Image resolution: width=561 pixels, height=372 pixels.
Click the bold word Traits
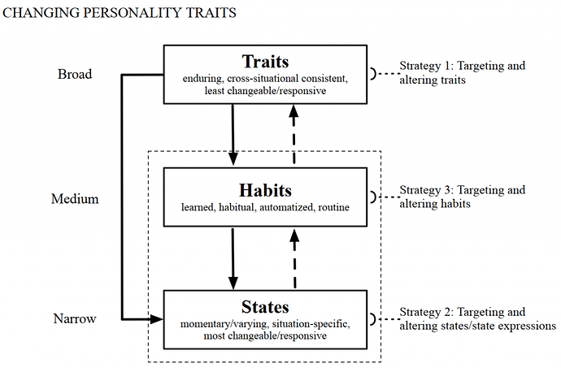coord(265,62)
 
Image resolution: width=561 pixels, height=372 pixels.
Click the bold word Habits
coord(265,190)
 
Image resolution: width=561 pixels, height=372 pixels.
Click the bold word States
coord(265,307)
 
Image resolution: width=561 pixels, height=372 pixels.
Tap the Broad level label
coord(75,74)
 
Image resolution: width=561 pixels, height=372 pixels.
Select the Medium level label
coord(75,199)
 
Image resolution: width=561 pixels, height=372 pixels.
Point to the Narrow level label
coord(75,318)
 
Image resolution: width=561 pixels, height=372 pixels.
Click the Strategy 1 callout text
coord(463,72)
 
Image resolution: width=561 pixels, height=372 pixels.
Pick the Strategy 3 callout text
coord(463,197)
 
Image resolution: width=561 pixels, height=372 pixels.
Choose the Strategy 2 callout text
coord(477,319)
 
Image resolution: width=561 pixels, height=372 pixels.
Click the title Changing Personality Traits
coord(120,13)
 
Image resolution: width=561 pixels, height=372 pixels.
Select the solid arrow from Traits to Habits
coord(233,135)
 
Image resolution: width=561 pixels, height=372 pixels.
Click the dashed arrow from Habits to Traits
coord(294,134)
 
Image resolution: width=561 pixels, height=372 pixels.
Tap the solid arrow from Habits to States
coord(233,258)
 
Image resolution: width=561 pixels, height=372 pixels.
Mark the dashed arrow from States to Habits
coord(294,259)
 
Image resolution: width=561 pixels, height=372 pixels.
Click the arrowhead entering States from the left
coord(156,319)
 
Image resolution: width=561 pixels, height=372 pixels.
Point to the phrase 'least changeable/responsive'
coord(265,91)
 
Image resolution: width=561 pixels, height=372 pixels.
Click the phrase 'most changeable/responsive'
coord(265,336)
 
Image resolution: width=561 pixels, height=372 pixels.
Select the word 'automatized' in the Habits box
coord(286,207)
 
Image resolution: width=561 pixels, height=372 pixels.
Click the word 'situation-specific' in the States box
coord(311,324)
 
